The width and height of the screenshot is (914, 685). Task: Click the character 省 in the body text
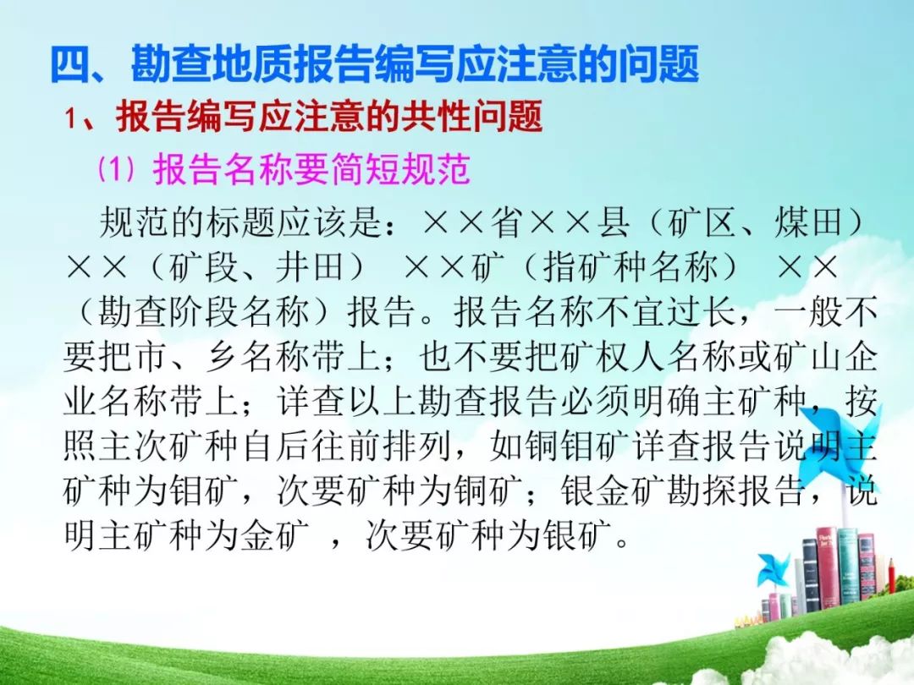[x=507, y=222]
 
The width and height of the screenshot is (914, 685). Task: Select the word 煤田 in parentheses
[x=810, y=222]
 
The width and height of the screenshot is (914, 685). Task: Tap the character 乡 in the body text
[x=222, y=357]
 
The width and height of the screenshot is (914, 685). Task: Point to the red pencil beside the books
[x=890, y=577]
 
